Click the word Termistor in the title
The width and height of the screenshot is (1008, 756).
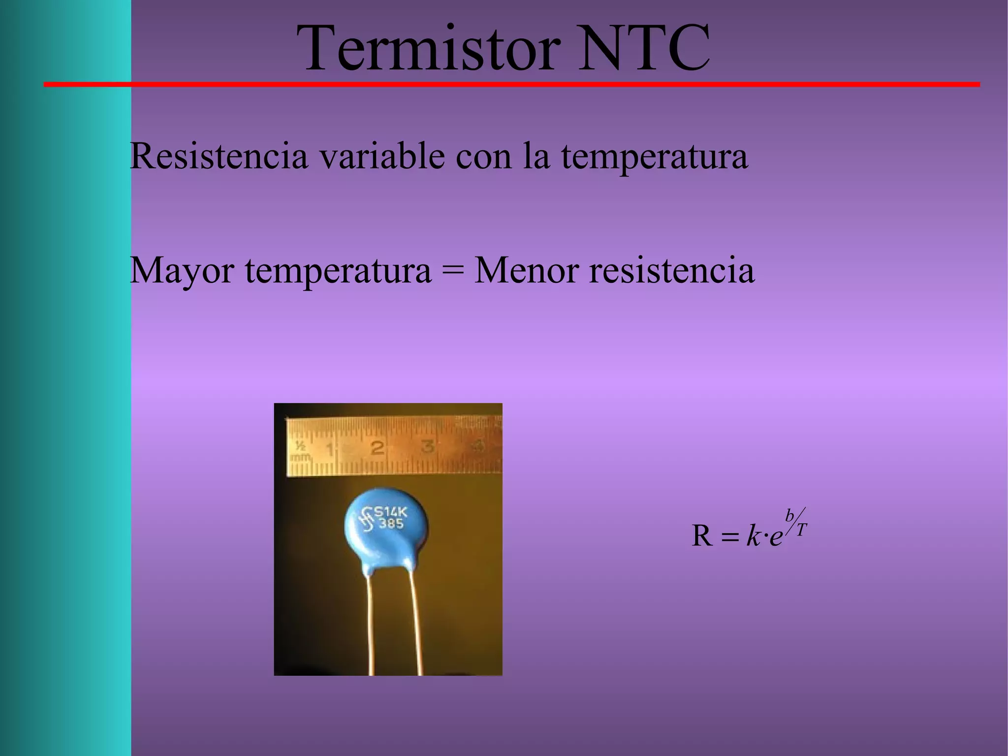pos(428,49)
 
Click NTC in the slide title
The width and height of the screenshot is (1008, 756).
pos(644,49)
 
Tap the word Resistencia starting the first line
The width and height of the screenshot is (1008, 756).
pos(219,156)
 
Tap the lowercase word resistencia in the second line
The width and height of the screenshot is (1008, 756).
pos(672,270)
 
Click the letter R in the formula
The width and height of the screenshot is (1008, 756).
pos(702,536)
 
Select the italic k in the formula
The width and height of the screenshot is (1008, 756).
pos(753,536)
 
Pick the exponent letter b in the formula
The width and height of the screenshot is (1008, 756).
pos(789,516)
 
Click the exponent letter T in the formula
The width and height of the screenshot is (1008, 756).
pos(802,530)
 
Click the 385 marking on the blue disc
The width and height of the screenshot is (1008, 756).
pos(391,524)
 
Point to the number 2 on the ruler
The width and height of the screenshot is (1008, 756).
pos(378,448)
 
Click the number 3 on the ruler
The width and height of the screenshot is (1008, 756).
pos(428,447)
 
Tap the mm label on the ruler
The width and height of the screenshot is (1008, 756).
pos(300,457)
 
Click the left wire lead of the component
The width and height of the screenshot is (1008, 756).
pos(370,625)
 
